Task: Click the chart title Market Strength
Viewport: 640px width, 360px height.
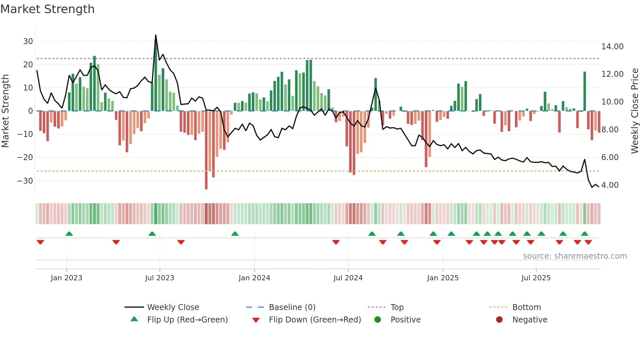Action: tap(47, 9)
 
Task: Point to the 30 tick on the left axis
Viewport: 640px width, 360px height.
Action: tap(28, 41)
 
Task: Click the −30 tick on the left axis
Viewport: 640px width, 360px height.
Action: tap(25, 181)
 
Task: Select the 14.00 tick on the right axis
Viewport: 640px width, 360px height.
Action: tap(612, 47)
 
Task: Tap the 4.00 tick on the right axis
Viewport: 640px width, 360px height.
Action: tap(610, 185)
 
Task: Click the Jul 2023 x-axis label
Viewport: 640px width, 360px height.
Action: tap(160, 278)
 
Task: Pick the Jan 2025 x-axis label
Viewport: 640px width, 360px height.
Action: tap(443, 278)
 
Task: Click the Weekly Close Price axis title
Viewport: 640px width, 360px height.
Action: tap(634, 111)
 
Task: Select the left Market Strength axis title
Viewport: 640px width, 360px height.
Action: tap(5, 111)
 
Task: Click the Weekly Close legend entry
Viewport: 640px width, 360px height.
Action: tap(173, 307)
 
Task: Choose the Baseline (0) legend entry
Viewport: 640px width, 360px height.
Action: tap(292, 307)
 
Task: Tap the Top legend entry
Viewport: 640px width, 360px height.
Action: tap(397, 307)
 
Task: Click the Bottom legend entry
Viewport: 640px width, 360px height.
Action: tap(526, 307)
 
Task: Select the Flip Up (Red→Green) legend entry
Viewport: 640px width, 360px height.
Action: tap(187, 320)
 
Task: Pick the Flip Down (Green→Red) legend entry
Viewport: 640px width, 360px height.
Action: tap(315, 320)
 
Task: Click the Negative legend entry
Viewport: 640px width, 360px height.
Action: tap(530, 320)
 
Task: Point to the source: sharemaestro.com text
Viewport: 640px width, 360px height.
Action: tap(575, 256)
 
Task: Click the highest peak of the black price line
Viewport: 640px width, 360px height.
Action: tap(156, 35)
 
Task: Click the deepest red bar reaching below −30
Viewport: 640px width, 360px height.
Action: tap(206, 183)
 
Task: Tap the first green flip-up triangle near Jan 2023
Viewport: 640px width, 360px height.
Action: tap(69, 234)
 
